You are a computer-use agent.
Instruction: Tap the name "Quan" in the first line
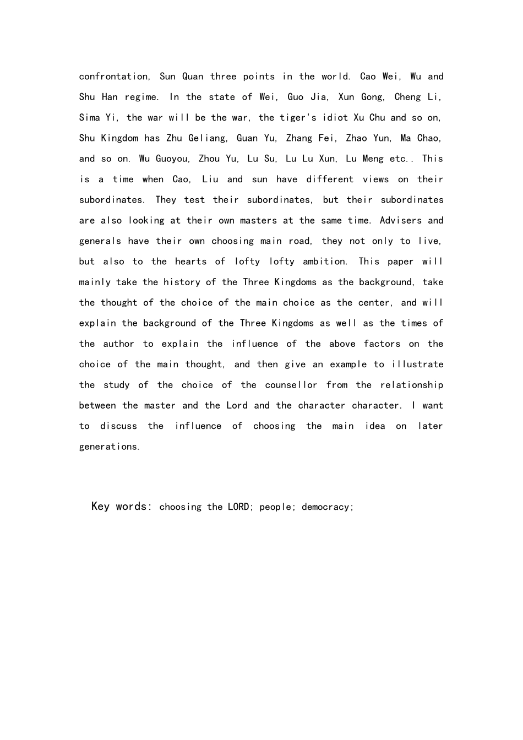[193, 77]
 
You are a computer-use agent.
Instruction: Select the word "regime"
[141, 97]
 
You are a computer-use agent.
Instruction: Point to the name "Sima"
[90, 117]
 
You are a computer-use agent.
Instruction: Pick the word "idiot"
[335, 117]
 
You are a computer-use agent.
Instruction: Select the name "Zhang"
[299, 138]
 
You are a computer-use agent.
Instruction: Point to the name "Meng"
[373, 159]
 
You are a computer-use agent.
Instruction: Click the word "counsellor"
[291, 385]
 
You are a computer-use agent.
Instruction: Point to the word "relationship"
[412, 385]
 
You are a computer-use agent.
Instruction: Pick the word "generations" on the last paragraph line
[110, 447]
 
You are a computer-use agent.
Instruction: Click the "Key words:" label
[122, 506]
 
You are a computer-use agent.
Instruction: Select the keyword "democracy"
[327, 507]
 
